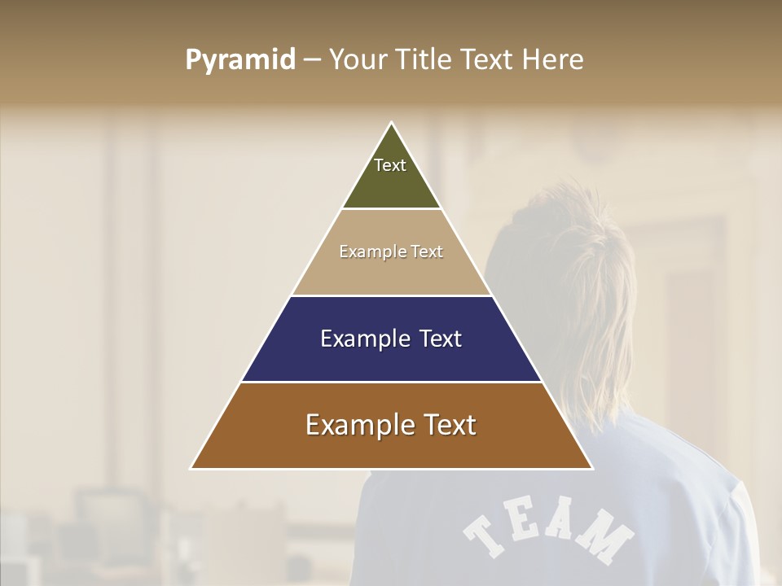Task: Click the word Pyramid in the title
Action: [x=240, y=59]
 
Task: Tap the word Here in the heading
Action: [x=553, y=59]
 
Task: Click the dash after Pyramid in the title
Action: [x=312, y=60]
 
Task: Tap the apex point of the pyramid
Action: [x=392, y=123]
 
